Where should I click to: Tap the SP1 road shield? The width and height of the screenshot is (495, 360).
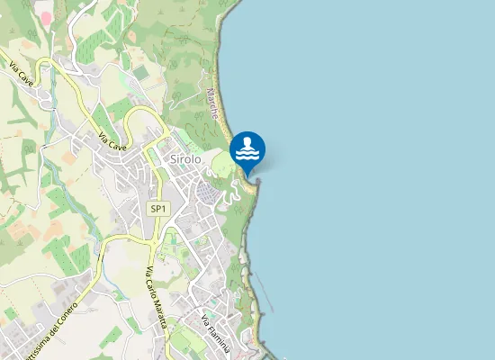(158, 209)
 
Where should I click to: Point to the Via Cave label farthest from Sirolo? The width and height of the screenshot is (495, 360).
(21, 71)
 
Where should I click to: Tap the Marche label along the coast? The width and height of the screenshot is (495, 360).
(213, 105)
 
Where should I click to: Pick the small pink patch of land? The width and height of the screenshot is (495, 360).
(46, 17)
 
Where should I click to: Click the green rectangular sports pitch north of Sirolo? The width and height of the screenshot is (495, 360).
(140, 71)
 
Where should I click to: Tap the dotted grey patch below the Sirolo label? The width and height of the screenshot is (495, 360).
(208, 193)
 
